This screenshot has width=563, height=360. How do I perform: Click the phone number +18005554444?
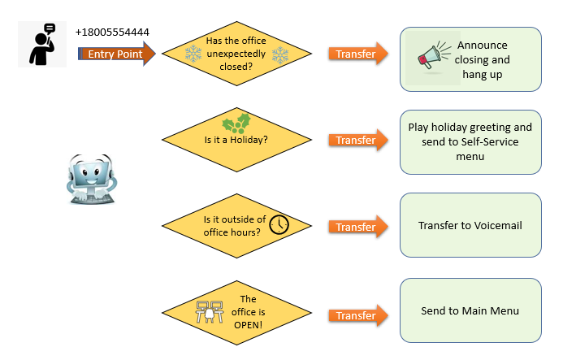click(112, 33)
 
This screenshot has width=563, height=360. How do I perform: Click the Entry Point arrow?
click(117, 54)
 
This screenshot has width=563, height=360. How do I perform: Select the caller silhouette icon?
click(42, 44)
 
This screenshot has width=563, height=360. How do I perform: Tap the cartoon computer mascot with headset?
click(91, 180)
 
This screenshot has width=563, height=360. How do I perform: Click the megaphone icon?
click(434, 56)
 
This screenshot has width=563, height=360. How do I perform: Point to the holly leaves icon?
click(236, 124)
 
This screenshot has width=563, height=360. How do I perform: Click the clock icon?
click(279, 225)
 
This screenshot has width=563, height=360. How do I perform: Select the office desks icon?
click(210, 311)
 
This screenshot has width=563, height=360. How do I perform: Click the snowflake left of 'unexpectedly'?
click(193, 54)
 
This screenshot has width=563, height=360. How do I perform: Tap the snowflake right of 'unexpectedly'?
click(280, 55)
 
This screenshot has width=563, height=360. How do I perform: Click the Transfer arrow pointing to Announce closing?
click(358, 54)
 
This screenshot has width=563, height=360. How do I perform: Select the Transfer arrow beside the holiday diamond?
click(358, 140)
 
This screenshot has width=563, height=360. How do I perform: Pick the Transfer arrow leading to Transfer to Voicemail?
click(358, 227)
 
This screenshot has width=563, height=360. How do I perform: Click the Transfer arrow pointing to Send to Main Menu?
click(358, 315)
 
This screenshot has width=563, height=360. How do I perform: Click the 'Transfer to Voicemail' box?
click(470, 225)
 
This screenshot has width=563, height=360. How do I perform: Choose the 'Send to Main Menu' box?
click(470, 310)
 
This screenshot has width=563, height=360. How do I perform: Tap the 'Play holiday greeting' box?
click(470, 142)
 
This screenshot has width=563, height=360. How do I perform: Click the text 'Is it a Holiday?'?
click(236, 140)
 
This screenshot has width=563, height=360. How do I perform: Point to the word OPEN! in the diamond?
click(248, 325)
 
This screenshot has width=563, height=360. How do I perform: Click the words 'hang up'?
click(483, 75)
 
